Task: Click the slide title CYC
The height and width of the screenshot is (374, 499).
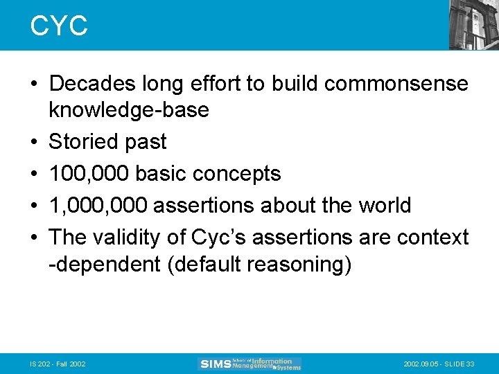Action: coord(59,26)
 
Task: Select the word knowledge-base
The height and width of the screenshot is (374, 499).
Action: coord(129,109)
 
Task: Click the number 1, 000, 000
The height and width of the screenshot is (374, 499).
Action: coord(98,205)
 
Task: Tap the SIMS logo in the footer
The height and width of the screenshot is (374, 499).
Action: coord(249,364)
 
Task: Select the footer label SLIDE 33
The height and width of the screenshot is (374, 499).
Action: coord(461,364)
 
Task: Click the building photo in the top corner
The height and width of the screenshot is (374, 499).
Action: coord(473,24)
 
